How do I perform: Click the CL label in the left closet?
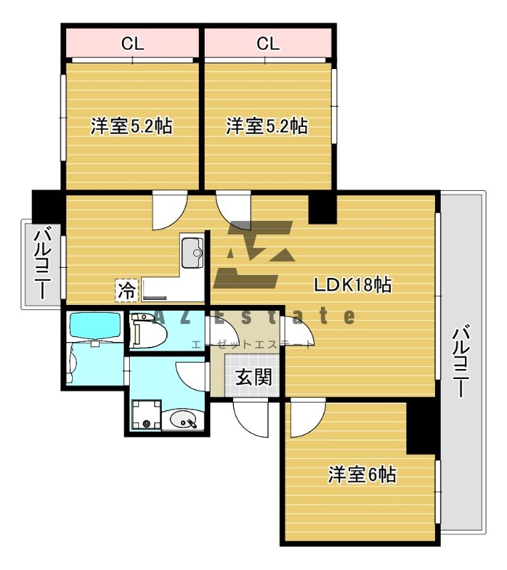(132, 43)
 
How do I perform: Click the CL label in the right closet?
(267, 43)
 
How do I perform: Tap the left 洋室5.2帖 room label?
(131, 127)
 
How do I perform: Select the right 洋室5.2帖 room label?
(267, 127)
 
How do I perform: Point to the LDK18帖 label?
(352, 285)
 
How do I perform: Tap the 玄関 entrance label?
(253, 377)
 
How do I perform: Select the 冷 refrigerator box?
(126, 290)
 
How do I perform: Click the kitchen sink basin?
(193, 252)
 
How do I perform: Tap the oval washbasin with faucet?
(183, 420)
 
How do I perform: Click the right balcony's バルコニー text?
(461, 360)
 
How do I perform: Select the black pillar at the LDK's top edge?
(322, 206)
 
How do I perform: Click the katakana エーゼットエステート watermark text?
(251, 345)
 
